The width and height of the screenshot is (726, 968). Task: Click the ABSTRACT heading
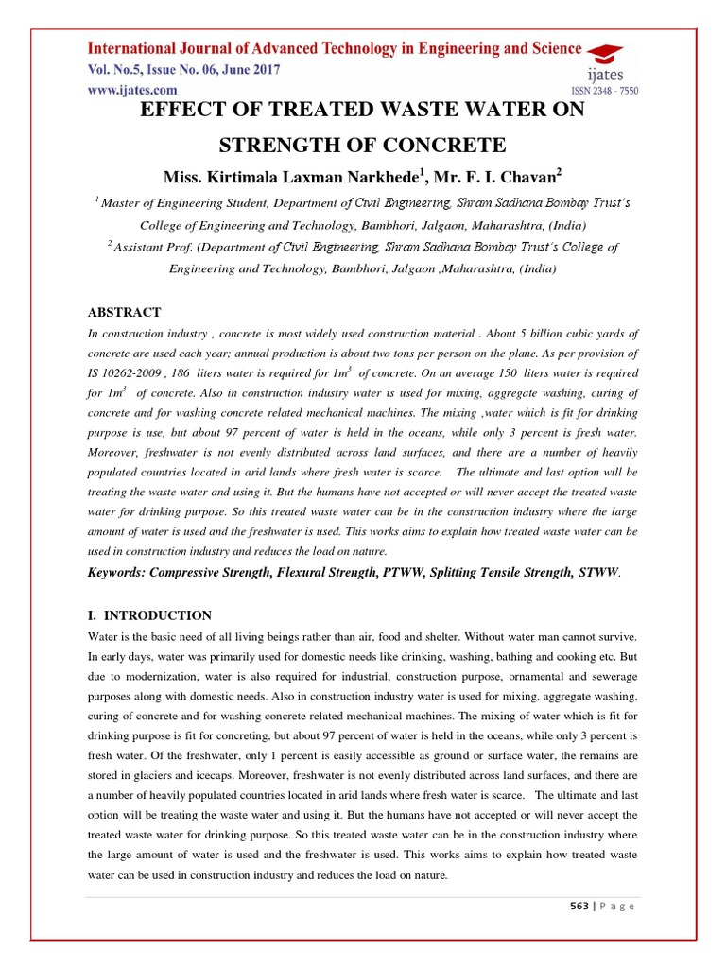tap(124, 312)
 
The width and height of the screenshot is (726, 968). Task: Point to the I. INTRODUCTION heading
tap(149, 615)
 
